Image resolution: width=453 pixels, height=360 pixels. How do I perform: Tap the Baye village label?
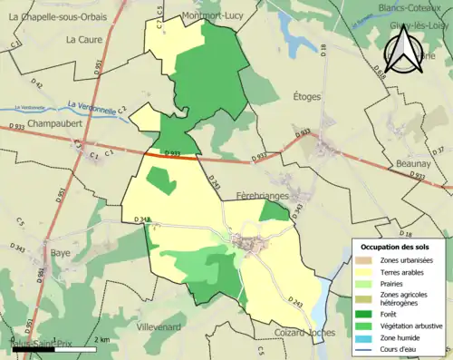pyautogui.click(x=62, y=253)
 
